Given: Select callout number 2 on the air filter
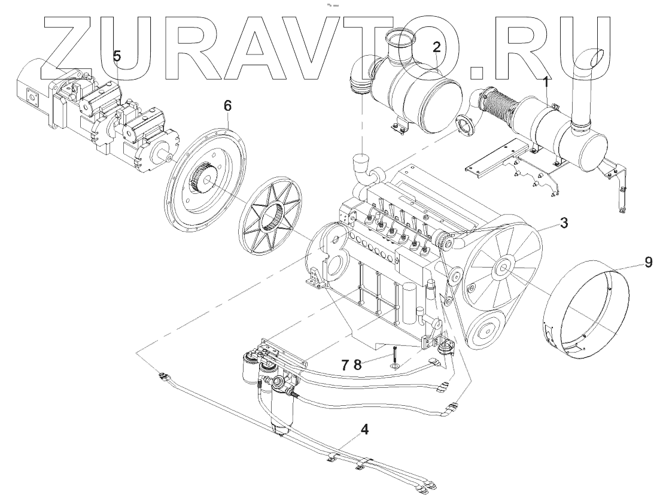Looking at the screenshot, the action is point(437,46).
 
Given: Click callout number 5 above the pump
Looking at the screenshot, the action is point(117,56).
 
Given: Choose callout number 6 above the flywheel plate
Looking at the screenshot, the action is point(227,105).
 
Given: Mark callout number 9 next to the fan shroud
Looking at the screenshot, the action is point(649,262).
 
